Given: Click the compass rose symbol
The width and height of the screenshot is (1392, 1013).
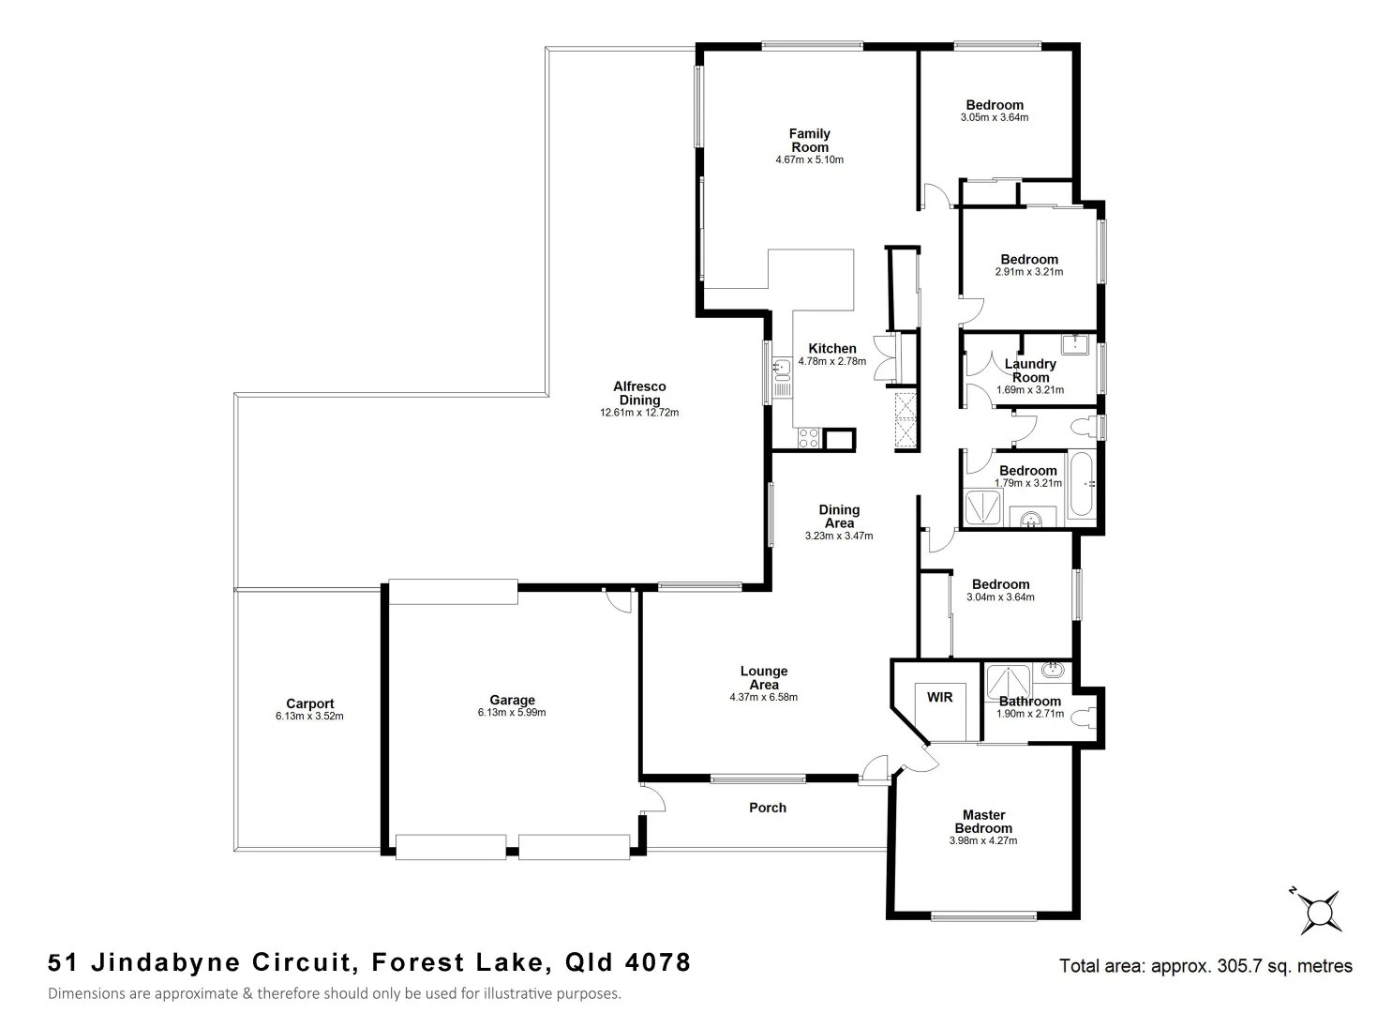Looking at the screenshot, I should [x=1320, y=911].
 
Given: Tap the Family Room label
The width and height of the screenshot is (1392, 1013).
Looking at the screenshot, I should [x=809, y=141].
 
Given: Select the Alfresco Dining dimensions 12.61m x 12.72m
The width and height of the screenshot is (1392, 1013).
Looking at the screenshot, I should [x=639, y=413].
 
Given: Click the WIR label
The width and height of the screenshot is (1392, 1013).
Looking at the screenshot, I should [x=939, y=697].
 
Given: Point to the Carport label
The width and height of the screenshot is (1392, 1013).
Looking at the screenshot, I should [x=309, y=703].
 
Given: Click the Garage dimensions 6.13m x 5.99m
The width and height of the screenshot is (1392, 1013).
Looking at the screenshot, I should [x=512, y=713].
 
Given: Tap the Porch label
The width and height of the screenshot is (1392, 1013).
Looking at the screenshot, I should [x=768, y=808].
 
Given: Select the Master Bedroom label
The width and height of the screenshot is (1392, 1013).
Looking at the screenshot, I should [x=983, y=822].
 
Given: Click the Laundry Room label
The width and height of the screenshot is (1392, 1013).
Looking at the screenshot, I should [x=1030, y=370].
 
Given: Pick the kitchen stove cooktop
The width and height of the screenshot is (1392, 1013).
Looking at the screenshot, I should [x=808, y=438].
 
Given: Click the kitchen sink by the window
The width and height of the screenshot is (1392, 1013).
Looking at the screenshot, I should [x=782, y=376].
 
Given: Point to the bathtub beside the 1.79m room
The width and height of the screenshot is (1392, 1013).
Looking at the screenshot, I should [x=1081, y=487].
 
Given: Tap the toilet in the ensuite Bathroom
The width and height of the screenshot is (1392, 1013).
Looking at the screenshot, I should [x=1085, y=719].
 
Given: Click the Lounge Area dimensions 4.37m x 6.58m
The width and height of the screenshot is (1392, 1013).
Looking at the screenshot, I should [x=764, y=698].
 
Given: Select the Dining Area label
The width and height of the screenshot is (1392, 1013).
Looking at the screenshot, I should [x=839, y=517].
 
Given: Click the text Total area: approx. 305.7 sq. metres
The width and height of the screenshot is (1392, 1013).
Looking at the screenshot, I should [x=1205, y=965].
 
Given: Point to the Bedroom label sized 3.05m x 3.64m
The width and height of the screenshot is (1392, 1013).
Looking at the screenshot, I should [x=995, y=105].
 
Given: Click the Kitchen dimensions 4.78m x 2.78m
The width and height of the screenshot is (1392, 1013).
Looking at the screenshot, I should [x=832, y=361].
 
